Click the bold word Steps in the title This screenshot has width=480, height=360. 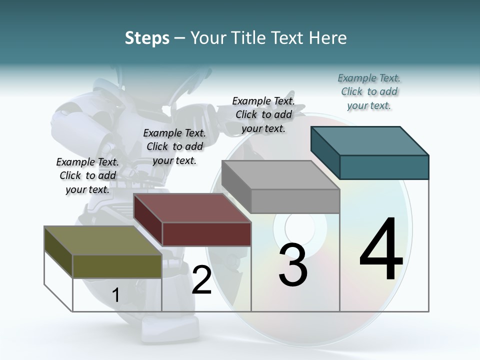(147, 38)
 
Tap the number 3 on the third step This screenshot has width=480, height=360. (293, 265)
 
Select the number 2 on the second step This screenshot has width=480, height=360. (201, 280)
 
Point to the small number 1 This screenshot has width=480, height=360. (115, 295)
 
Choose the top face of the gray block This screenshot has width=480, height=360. (280, 175)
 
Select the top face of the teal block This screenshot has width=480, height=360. (370, 141)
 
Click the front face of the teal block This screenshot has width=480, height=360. (384, 167)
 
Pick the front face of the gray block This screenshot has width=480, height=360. (295, 201)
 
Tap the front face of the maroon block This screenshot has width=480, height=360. (206, 234)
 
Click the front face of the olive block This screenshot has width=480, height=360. (117, 266)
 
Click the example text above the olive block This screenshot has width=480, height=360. (87, 175)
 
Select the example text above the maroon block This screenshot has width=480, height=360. (174, 146)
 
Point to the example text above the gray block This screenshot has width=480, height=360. (263, 114)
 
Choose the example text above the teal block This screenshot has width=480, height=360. (369, 91)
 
